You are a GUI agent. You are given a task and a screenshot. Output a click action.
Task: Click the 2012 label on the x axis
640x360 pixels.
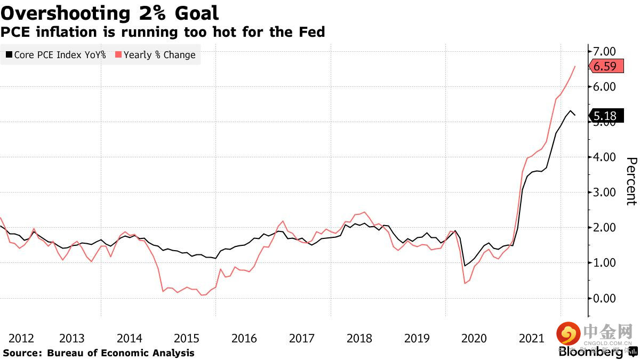click(x=21, y=338)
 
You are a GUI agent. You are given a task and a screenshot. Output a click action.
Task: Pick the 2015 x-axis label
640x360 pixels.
click(x=187, y=338)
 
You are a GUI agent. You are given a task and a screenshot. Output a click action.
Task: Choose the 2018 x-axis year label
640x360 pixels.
click(x=359, y=338)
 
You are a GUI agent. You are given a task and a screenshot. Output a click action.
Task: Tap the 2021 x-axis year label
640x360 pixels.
click(x=531, y=338)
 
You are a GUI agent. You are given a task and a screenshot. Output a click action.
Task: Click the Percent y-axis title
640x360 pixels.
click(x=631, y=181)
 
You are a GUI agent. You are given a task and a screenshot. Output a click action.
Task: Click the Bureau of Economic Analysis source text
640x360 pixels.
click(x=121, y=353)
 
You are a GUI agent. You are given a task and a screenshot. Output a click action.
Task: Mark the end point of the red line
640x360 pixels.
click(x=575, y=66)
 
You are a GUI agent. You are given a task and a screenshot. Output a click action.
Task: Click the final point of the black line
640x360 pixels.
click(x=575, y=115)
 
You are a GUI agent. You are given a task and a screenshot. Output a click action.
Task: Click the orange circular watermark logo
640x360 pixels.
click(x=569, y=334)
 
